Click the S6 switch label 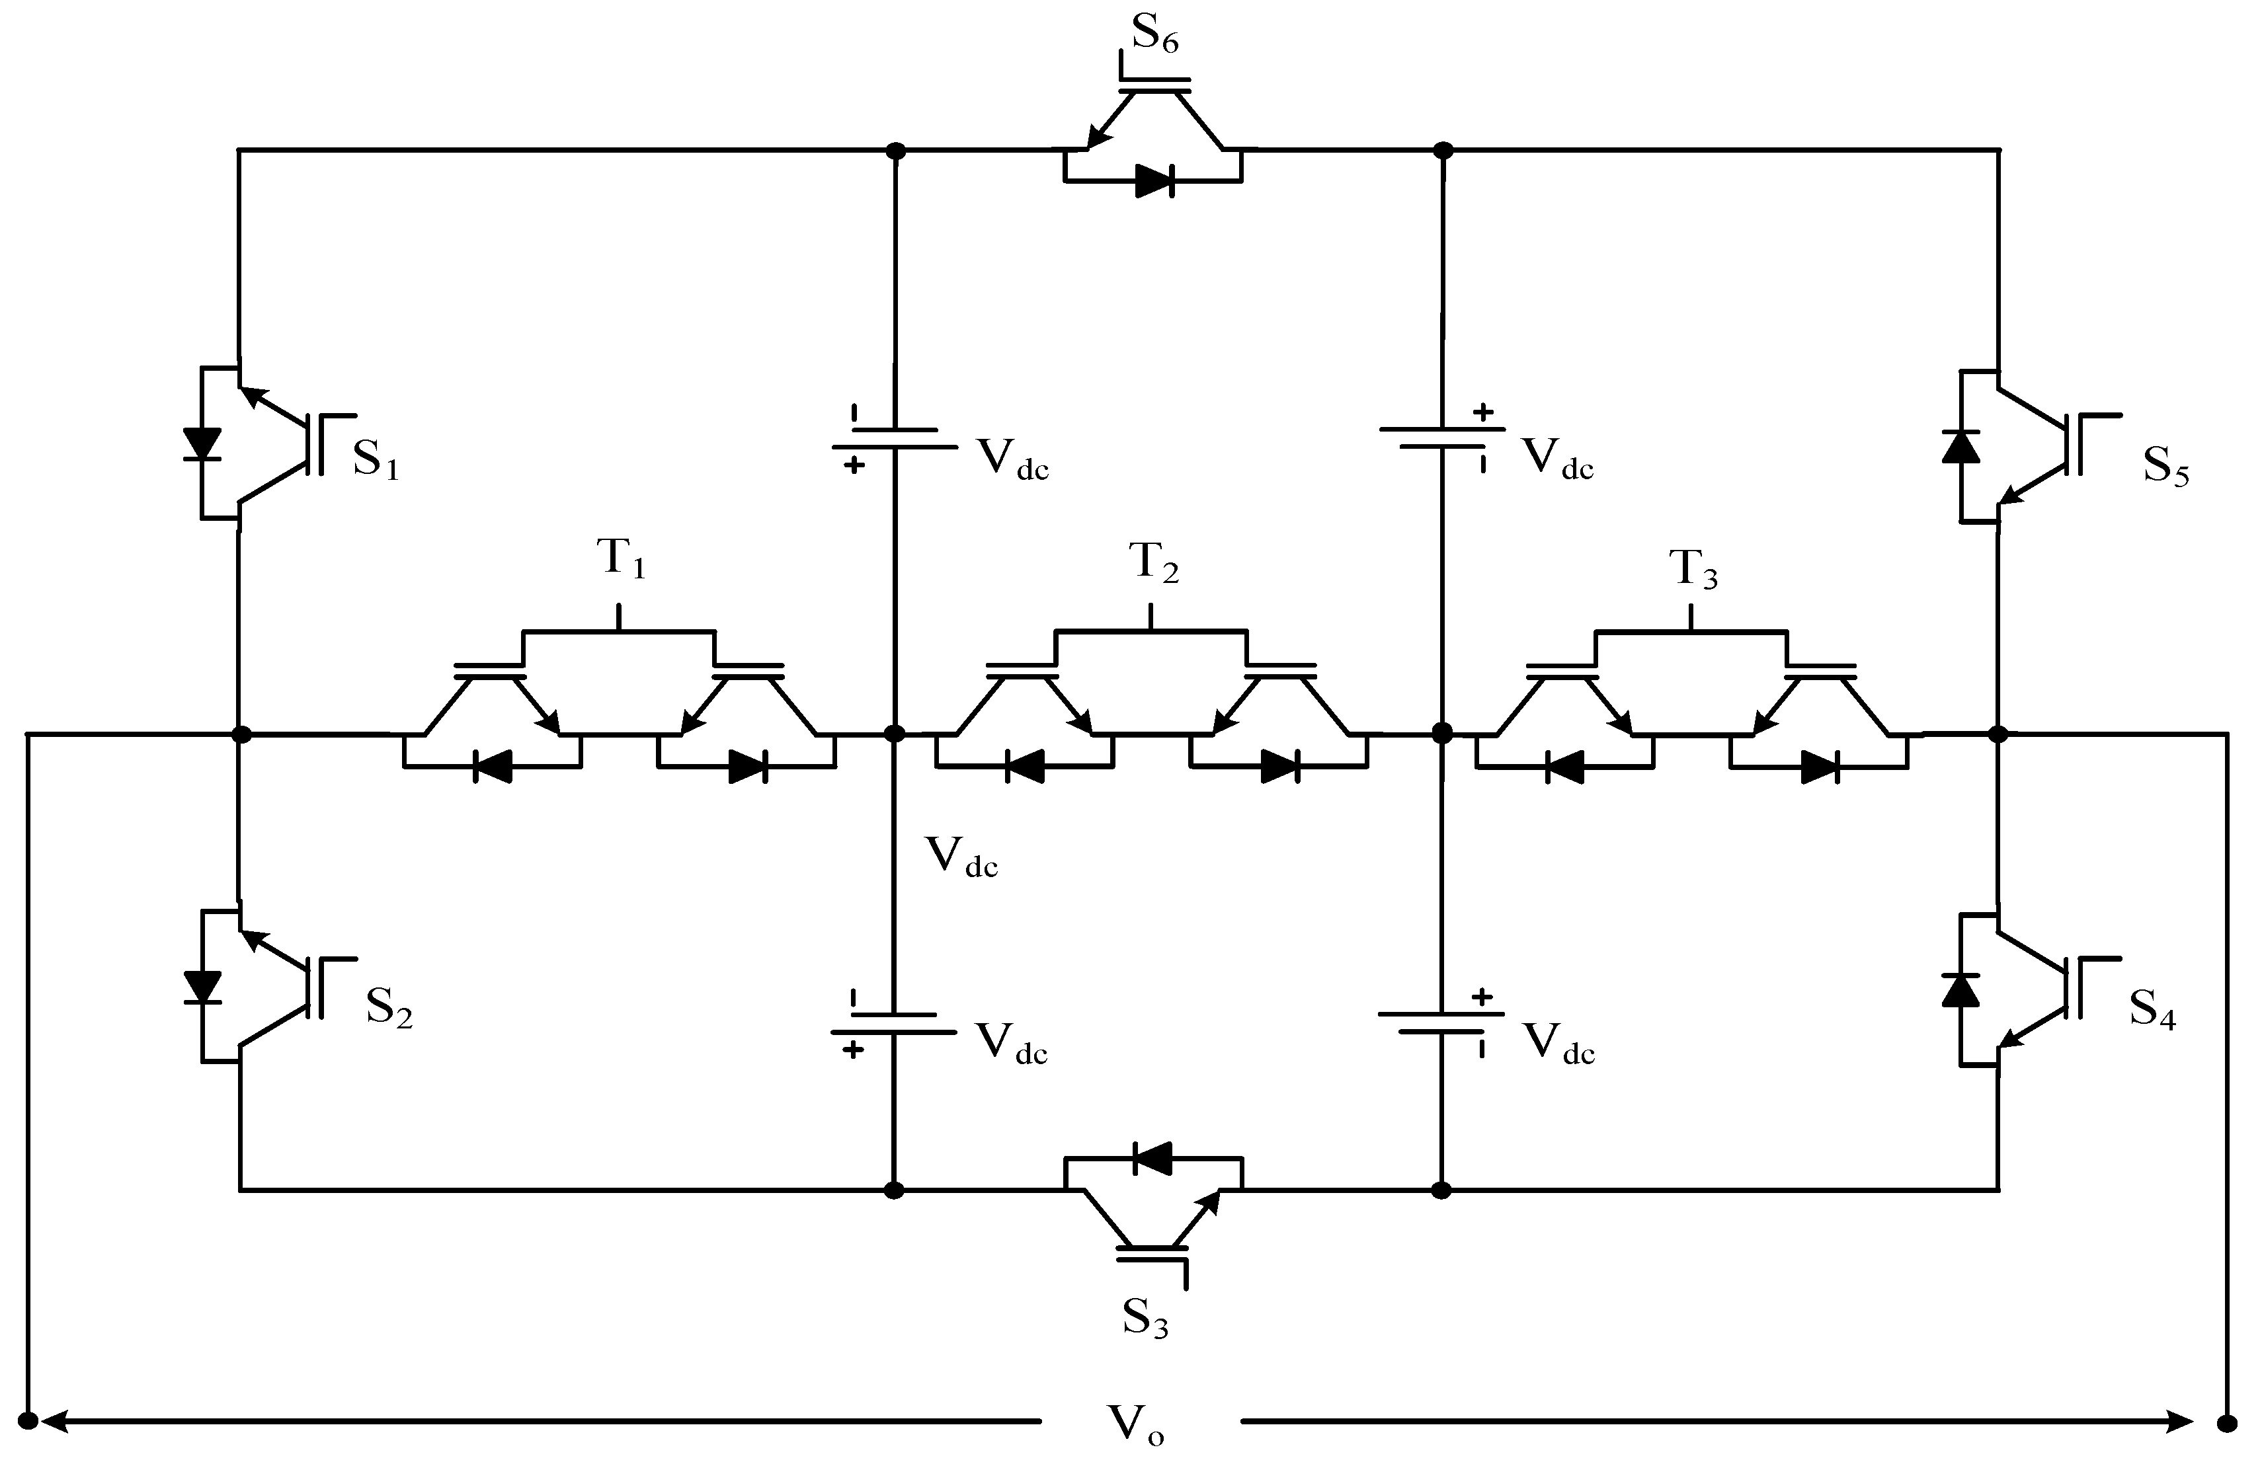1154,36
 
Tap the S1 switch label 376,461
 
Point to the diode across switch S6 1154,180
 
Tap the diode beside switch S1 201,444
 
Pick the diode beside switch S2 201,987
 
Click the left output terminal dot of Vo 28,1421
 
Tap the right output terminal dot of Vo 2226,1423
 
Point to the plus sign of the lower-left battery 854,1050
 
